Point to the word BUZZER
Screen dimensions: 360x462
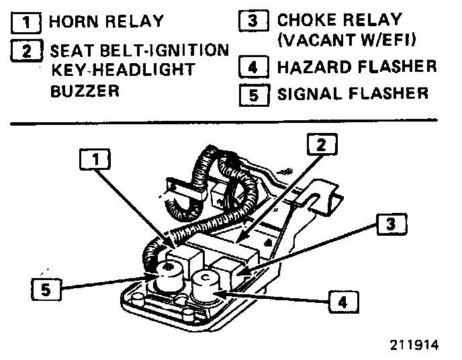click(x=84, y=91)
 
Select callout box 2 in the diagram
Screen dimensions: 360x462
click(x=322, y=144)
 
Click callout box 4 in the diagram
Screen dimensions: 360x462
click(x=342, y=302)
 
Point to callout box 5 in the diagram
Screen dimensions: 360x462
click(x=45, y=290)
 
